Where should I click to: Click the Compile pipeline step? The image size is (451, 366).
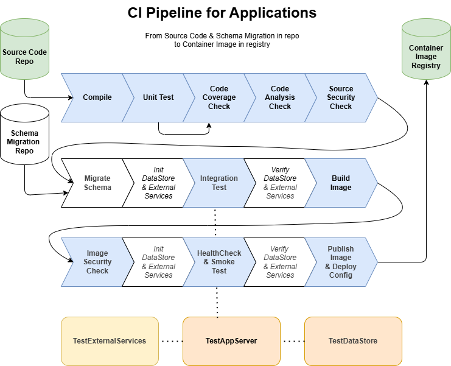tap(97, 97)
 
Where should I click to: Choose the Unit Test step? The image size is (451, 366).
tap(158, 97)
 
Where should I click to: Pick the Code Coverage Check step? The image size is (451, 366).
tap(219, 97)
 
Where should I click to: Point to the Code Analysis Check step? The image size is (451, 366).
tap(280, 97)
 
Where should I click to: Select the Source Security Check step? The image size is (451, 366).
tap(341, 97)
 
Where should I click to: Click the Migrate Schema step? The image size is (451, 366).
tap(97, 183)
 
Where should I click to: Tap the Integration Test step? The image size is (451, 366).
tap(219, 183)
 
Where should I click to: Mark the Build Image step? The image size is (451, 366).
tap(341, 183)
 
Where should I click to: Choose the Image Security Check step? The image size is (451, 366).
tap(97, 262)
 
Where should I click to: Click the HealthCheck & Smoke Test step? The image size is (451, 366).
tap(219, 262)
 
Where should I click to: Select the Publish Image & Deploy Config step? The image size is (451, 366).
tap(341, 262)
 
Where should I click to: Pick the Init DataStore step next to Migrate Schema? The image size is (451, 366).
tap(158, 183)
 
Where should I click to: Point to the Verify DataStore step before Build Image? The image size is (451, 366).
tap(280, 183)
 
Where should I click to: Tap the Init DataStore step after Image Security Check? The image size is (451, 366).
tap(158, 262)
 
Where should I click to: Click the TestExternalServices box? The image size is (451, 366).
tap(110, 341)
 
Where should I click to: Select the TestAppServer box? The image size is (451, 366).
tap(231, 341)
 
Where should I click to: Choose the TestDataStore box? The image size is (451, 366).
tap(353, 341)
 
